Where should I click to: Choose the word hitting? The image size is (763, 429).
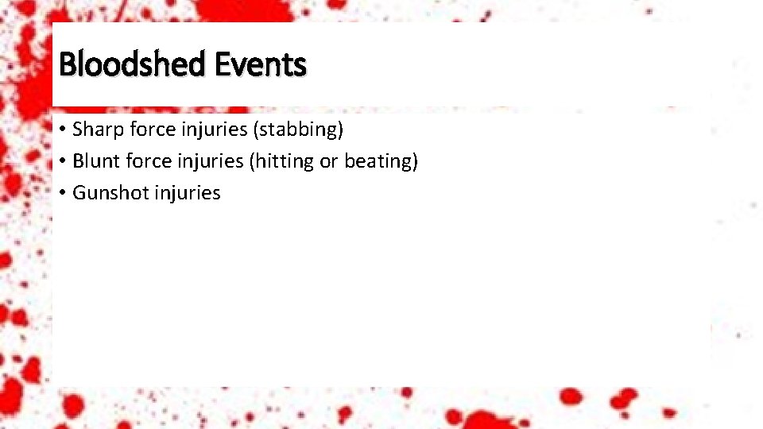[282, 160]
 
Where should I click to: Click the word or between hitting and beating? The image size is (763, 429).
[328, 160]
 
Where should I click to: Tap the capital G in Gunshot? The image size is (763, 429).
[79, 193]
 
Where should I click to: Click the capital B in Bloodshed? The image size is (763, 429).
[67, 64]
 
